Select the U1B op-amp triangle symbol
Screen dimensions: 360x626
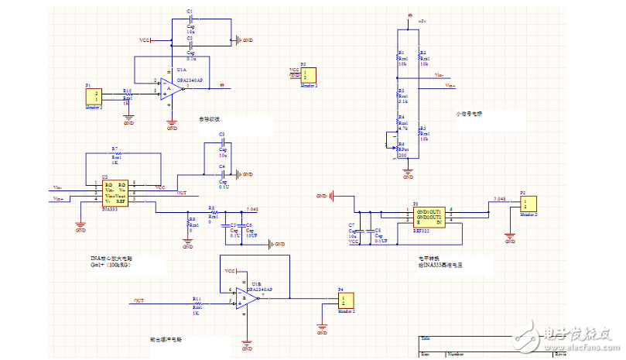[248, 297]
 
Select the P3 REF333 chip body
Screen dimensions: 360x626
[429, 216]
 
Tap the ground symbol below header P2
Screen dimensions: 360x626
[510, 238]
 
